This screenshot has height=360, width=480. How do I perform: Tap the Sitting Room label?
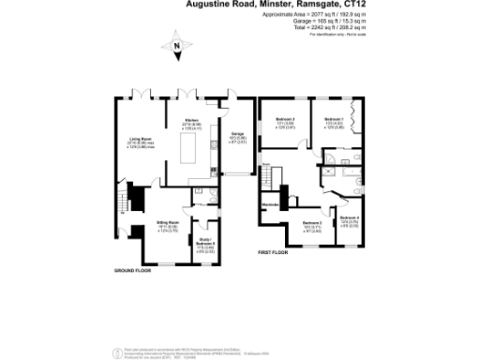click(168, 221)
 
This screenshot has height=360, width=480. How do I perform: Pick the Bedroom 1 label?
click(335, 119)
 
